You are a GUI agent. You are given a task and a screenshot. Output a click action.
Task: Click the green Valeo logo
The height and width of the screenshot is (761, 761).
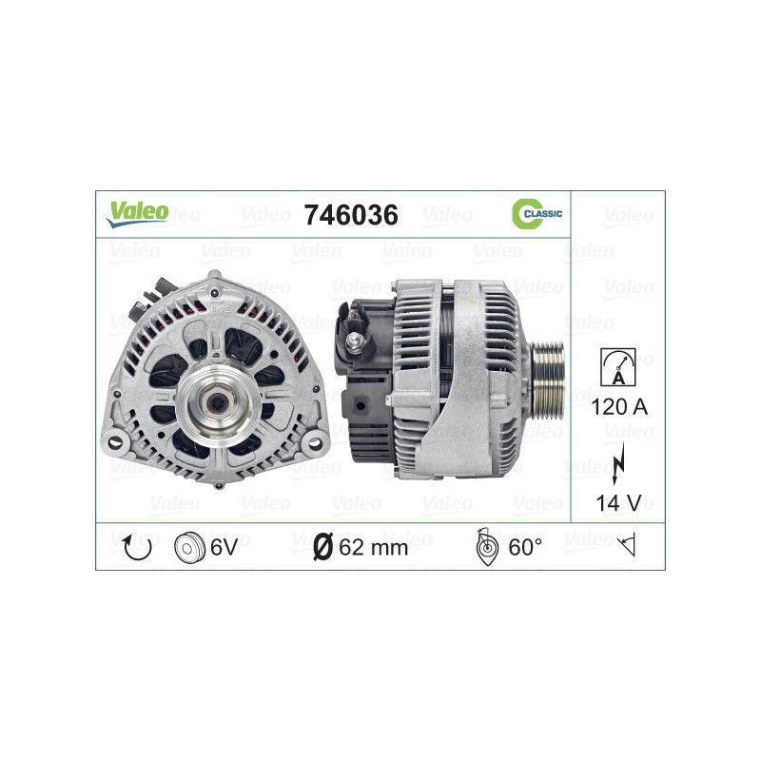[x=137, y=213]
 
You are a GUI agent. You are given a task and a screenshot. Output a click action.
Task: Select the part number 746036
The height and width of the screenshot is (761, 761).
[x=349, y=215]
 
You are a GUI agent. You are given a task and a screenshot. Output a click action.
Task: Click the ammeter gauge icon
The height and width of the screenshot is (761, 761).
[x=617, y=367]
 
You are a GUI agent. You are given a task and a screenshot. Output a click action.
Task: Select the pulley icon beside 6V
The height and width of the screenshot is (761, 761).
[x=191, y=547]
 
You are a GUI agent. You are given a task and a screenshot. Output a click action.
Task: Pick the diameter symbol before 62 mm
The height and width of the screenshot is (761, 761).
[x=322, y=547]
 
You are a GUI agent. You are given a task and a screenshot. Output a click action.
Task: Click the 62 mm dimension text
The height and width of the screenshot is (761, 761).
[x=374, y=547]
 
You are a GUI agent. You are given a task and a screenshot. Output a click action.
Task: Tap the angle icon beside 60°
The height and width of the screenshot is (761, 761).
[x=485, y=547]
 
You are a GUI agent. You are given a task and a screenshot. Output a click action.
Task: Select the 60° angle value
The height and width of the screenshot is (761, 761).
[x=525, y=547]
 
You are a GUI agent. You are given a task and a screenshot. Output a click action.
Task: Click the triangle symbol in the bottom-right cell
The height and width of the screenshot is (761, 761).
[x=625, y=547]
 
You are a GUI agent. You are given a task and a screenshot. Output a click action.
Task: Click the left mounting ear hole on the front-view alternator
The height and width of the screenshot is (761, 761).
[x=114, y=441]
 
